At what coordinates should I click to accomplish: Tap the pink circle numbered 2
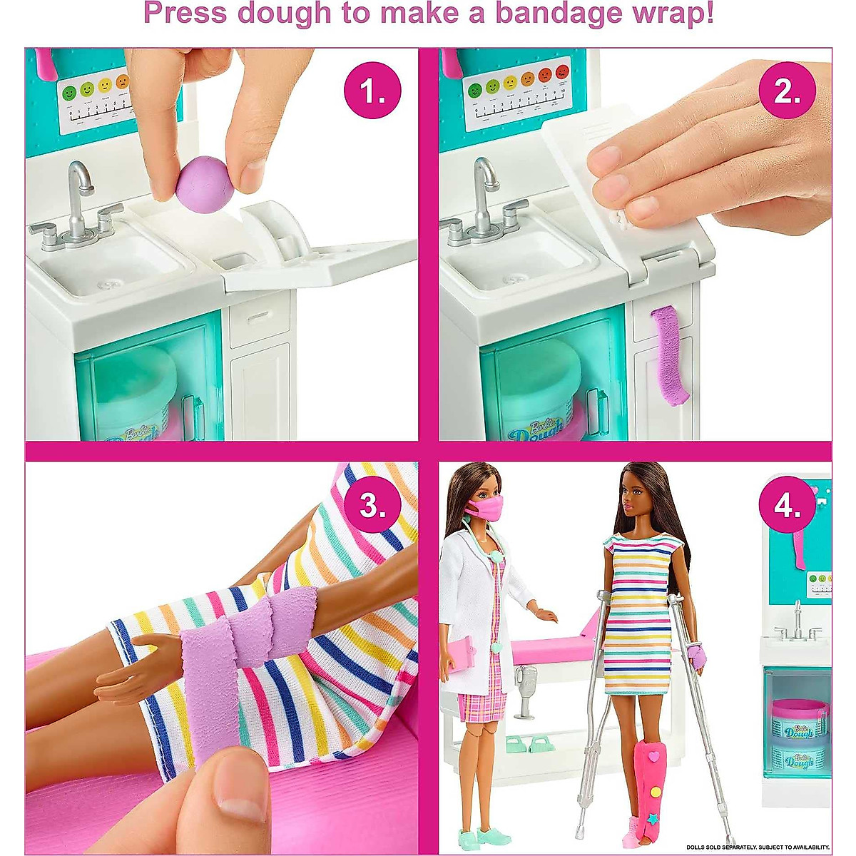(x=787, y=91)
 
